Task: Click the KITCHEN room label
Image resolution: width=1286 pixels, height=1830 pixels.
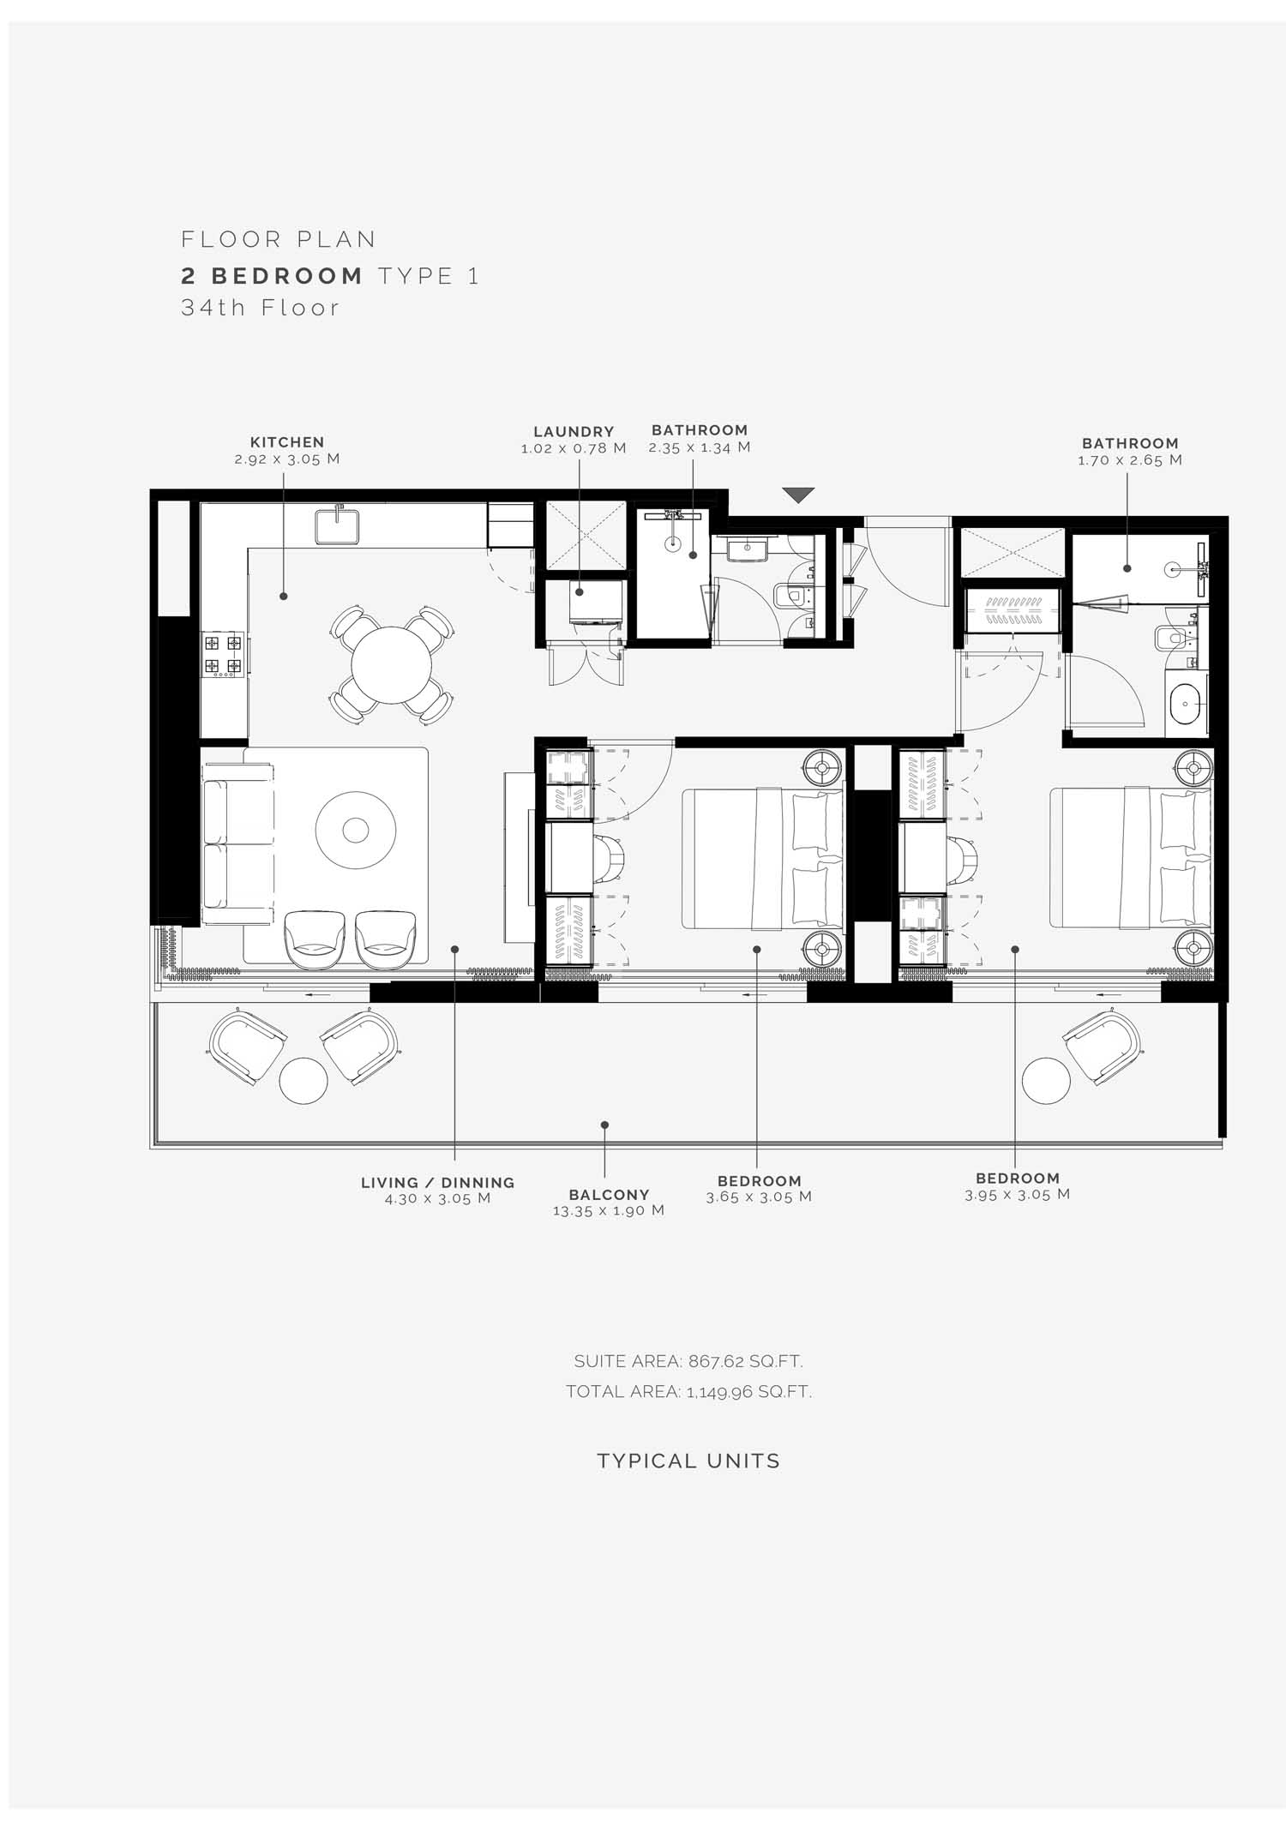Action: coord(287,442)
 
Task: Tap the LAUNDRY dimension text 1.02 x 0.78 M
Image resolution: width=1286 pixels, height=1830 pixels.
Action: coord(574,448)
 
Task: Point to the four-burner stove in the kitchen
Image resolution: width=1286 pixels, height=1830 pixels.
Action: coord(223,655)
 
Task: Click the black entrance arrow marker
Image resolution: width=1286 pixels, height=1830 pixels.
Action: coord(798,495)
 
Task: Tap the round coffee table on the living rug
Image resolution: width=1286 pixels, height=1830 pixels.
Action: coord(356,830)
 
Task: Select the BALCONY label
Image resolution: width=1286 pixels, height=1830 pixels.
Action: coord(609,1195)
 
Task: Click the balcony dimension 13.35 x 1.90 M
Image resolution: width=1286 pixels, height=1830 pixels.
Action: coord(609,1211)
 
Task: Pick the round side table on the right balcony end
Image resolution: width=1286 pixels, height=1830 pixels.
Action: coord(1046,1081)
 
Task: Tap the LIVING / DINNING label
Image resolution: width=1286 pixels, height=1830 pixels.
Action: coord(437,1183)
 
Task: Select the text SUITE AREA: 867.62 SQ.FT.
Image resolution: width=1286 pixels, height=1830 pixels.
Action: coord(688,1361)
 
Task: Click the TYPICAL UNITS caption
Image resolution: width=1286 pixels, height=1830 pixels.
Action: coord(688,1461)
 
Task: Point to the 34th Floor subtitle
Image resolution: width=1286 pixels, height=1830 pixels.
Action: coord(261,308)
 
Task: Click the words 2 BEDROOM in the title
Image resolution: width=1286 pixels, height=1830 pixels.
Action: coord(273,276)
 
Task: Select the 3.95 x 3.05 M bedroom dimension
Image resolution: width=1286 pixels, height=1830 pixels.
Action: coord(1018,1195)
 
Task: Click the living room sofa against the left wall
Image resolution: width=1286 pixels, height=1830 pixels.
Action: coord(238,844)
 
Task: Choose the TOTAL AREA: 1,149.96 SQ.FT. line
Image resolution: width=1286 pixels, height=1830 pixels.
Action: coord(688,1392)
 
